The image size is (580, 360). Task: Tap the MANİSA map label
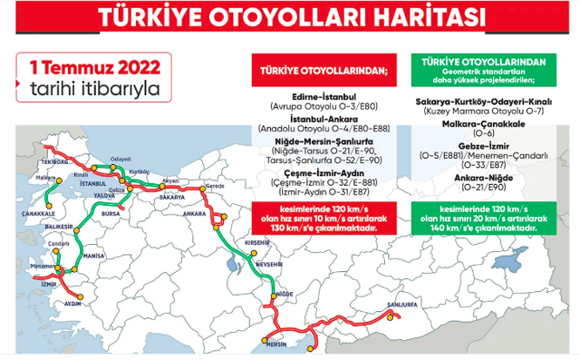(x=93, y=257)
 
